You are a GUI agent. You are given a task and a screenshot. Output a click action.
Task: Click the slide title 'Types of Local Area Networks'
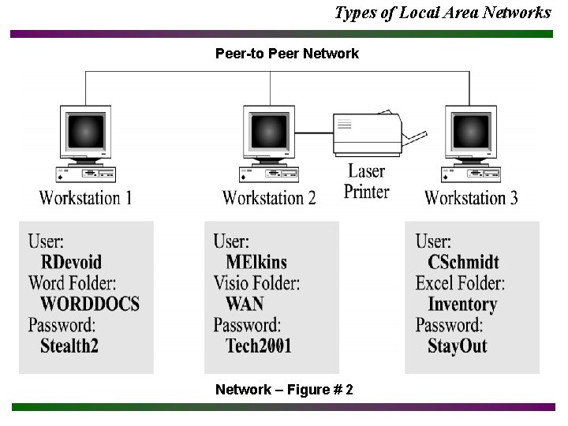443,13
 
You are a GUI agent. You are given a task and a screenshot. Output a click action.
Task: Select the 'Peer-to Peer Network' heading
287,54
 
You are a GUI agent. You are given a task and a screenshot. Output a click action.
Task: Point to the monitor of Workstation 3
472,130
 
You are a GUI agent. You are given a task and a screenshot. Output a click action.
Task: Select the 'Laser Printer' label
367,181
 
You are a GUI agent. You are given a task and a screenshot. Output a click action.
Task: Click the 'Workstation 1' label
85,197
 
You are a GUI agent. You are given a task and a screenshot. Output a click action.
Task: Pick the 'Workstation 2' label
269,197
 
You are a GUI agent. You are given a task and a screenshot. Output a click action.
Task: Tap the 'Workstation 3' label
471,197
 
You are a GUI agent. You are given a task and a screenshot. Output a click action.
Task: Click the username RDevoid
71,262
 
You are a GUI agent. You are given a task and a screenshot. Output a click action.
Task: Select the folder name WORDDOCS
89,304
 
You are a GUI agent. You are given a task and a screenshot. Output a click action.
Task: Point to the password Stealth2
69,346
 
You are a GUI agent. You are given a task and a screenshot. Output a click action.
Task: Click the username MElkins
256,262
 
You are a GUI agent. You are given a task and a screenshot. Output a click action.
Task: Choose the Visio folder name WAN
244,304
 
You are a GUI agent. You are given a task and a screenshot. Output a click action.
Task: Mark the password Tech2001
259,346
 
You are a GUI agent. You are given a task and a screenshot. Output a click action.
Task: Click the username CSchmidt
463,262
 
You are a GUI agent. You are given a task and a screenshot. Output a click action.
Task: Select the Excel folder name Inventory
462,304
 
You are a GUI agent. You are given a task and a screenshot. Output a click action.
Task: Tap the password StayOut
457,346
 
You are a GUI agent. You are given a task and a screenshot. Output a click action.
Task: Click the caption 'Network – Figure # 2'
284,390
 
